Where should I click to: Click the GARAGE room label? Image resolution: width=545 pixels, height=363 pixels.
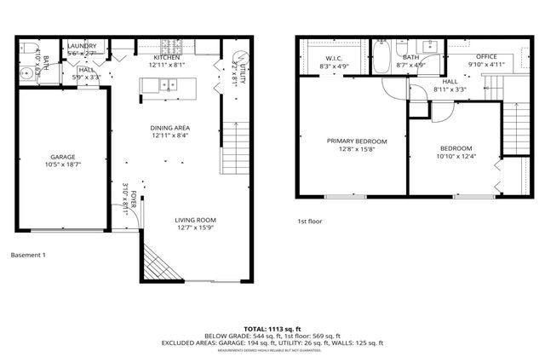61,158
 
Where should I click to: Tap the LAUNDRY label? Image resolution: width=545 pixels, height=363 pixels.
83,46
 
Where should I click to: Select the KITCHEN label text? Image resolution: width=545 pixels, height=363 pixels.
167,57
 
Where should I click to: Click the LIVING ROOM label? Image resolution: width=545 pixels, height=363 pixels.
196,220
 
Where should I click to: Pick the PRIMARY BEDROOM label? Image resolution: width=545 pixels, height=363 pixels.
357,141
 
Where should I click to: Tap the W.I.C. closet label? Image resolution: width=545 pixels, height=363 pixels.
334,58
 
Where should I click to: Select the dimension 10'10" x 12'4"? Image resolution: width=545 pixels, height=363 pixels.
455,156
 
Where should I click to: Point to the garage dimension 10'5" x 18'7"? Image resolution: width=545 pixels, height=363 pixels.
61,165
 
